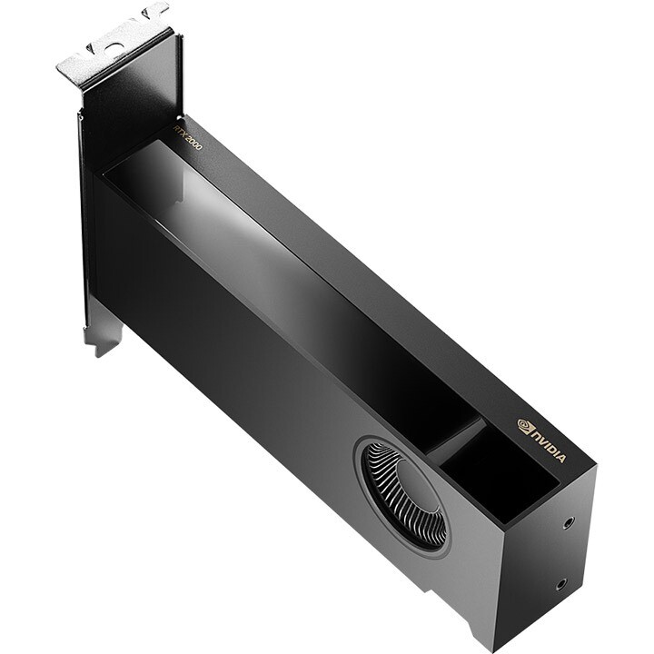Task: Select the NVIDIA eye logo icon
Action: coord(525,424)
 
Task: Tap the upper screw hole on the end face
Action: coord(570,522)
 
